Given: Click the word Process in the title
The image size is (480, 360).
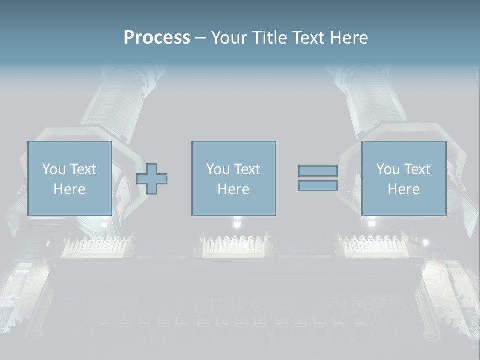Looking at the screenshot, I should click(x=157, y=38).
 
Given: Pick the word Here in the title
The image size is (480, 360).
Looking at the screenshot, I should click(x=350, y=38).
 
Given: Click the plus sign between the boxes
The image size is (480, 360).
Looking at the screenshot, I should click(x=152, y=178).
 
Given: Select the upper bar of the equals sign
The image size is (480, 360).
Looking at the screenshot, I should click(x=318, y=171).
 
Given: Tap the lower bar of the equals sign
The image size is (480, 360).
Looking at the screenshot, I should click(x=318, y=186).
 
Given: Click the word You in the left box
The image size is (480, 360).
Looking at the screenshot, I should click(x=53, y=169).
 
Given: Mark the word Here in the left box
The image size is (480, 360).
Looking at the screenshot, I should click(x=69, y=189).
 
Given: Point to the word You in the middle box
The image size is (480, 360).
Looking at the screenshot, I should click(x=217, y=169).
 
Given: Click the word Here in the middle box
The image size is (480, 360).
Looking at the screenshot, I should click(x=233, y=189).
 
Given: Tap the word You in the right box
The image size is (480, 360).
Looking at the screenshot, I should click(x=387, y=169).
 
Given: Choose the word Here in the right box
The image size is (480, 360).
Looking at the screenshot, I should click(x=403, y=189).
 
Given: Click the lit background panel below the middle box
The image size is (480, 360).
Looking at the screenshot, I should click(x=234, y=246).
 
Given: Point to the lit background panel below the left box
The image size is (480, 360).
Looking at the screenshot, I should click(x=98, y=246).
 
